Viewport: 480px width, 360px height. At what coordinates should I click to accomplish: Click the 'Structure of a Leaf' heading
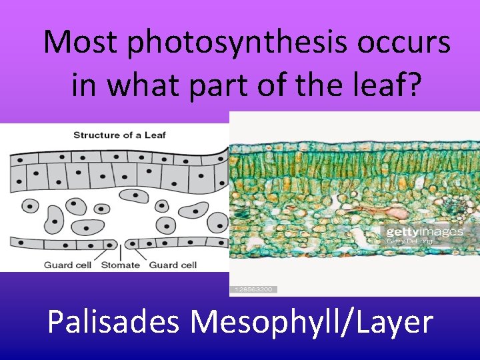coord(119,135)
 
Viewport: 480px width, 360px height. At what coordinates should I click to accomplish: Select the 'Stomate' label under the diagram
coord(121,265)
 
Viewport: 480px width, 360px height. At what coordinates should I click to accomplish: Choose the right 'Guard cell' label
coord(173,265)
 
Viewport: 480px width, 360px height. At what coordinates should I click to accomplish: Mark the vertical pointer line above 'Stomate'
coord(121,252)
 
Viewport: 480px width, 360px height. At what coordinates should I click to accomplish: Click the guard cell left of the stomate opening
coord(111,243)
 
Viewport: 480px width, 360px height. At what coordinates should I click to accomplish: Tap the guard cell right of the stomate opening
coord(131,243)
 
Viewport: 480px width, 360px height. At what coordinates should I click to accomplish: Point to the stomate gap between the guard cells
coord(121,243)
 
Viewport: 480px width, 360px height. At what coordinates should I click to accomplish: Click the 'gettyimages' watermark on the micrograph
coord(423,233)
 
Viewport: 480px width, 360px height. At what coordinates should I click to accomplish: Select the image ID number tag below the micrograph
coord(253,289)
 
